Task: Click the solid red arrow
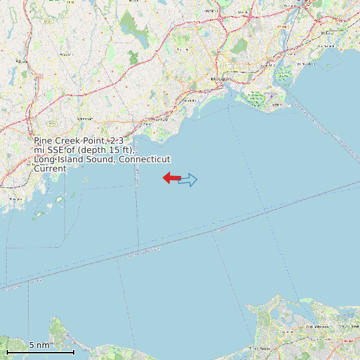pos(172,177)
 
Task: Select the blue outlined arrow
pos(189,179)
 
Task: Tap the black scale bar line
pos(40,351)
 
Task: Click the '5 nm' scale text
pos(39,345)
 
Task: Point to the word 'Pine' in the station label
pos(44,141)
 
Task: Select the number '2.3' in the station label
pos(116,141)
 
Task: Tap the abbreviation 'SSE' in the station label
pos(56,150)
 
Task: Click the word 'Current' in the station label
pos(50,169)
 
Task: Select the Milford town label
pos(306,64)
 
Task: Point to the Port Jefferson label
pos(317,327)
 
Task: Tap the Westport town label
pos(85,118)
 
